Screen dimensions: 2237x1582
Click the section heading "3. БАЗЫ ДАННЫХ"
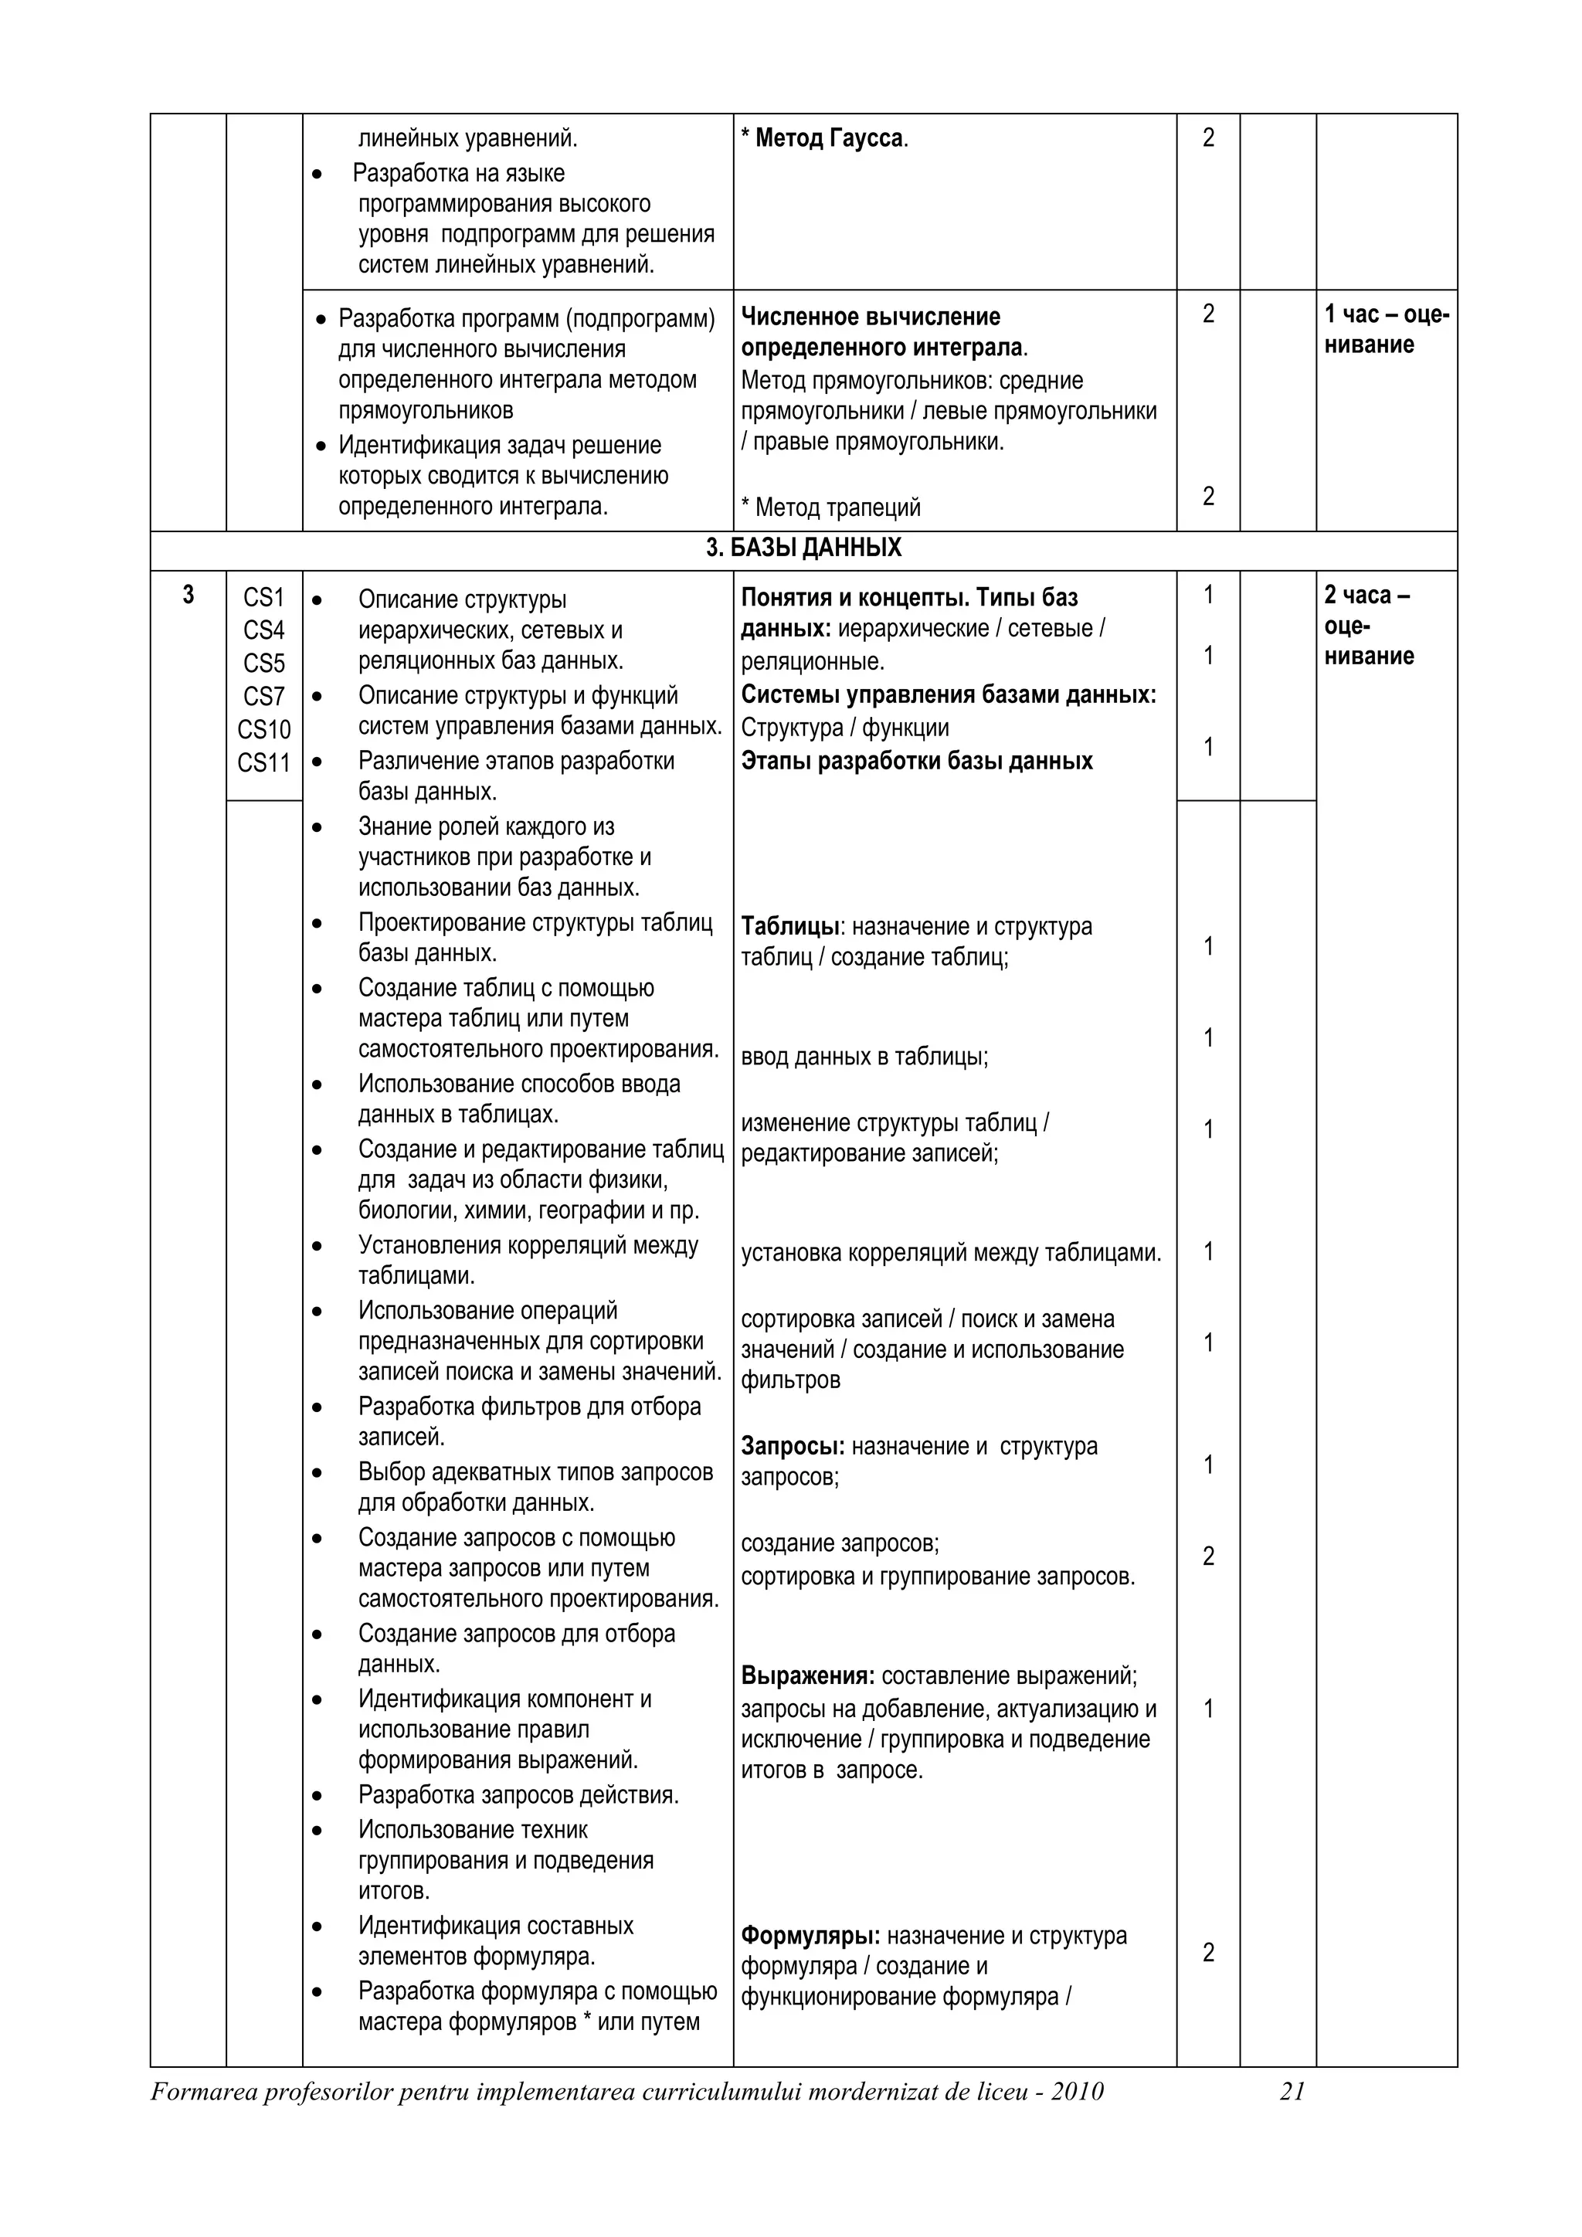tap(803, 548)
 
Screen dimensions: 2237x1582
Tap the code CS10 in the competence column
tap(264, 730)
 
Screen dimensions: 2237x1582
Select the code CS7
tap(264, 697)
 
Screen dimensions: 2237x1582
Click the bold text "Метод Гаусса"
tap(829, 138)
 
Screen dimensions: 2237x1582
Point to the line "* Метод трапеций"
tap(830, 507)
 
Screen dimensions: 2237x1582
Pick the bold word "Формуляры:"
tap(810, 1936)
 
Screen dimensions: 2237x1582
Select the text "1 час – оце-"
tap(1387, 314)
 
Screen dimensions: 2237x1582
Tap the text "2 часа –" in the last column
tap(1366, 596)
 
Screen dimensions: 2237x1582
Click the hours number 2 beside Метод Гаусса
tap(1208, 138)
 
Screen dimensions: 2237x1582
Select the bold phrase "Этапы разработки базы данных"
tap(917, 761)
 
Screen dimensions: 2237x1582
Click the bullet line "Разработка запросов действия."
tap(518, 1794)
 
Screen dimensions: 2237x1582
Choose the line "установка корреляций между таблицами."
tap(951, 1253)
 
